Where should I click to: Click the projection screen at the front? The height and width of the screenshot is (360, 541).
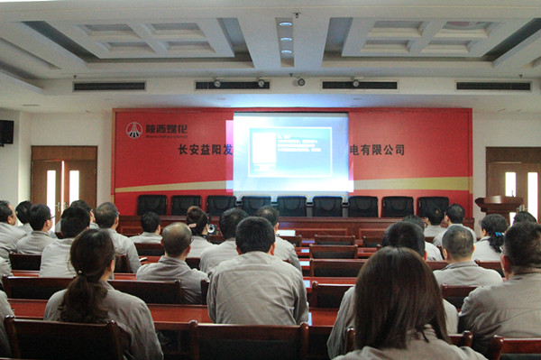(x=290, y=152)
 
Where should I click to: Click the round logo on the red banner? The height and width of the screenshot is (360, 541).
(x=133, y=130)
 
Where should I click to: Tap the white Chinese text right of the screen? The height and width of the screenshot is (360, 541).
(x=377, y=150)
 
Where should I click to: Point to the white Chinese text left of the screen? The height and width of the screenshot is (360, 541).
(x=205, y=150)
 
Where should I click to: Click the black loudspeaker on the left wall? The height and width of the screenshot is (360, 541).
(x=6, y=133)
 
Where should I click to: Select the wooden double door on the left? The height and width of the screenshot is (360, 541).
(x=63, y=180)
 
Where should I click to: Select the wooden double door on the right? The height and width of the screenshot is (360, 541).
(x=514, y=180)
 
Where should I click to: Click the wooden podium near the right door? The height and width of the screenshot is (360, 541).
(x=499, y=208)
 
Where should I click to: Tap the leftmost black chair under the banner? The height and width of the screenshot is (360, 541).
(x=151, y=205)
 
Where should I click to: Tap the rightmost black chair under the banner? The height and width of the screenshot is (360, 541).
(x=432, y=205)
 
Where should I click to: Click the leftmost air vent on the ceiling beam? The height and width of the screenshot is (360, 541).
(x=107, y=87)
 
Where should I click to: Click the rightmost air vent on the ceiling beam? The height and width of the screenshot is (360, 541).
(x=492, y=87)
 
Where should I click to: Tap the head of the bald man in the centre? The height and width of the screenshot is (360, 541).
(x=177, y=239)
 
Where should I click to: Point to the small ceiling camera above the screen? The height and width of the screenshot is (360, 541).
(x=300, y=82)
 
